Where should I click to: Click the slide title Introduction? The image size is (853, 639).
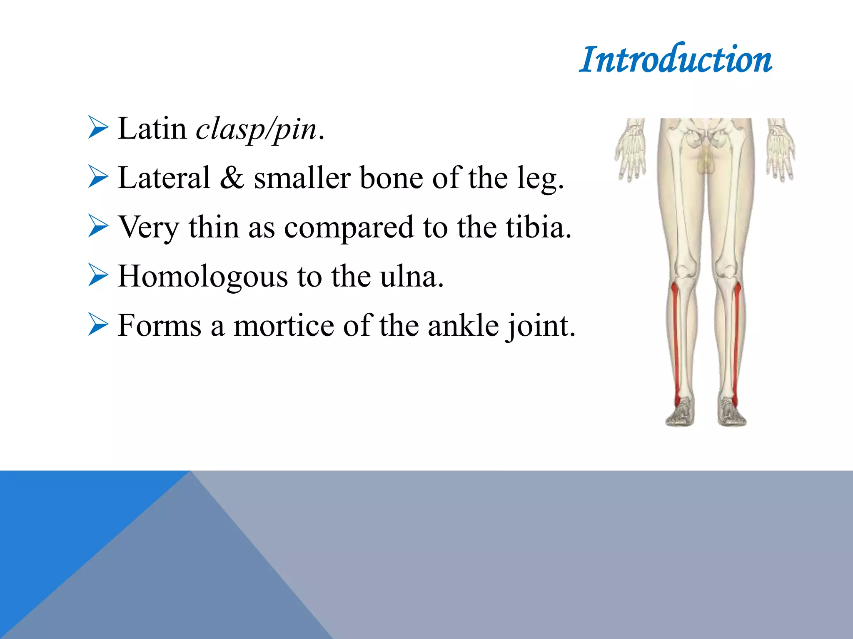676,60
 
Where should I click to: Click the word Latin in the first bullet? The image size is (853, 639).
152,129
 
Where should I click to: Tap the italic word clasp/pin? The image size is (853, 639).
256,129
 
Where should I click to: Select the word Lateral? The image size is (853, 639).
164,178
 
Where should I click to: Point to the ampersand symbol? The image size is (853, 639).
232,178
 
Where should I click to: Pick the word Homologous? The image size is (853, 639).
203,277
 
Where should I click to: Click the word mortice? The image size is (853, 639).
284,326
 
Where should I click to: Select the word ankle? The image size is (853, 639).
463,326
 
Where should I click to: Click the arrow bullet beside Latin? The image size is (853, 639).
98,128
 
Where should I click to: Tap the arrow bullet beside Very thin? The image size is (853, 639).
98,226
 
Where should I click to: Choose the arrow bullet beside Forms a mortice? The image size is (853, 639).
98,325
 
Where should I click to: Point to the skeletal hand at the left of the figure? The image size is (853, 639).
631,150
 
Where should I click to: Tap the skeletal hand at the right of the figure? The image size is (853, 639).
781,150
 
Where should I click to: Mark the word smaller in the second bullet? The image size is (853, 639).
302,178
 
